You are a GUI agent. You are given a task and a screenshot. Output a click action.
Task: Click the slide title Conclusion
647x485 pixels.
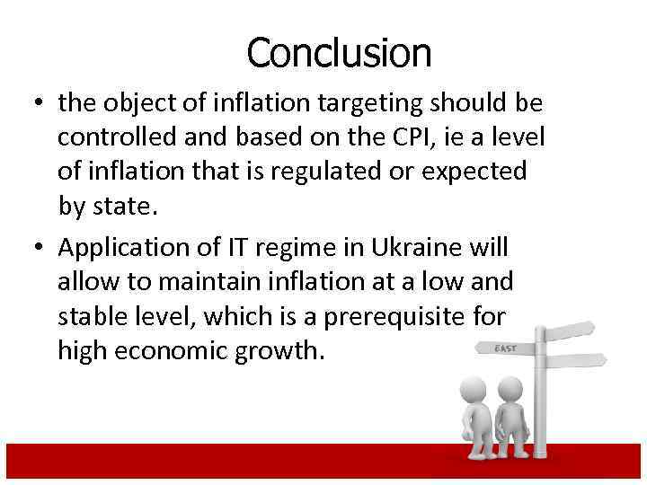[339, 52]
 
